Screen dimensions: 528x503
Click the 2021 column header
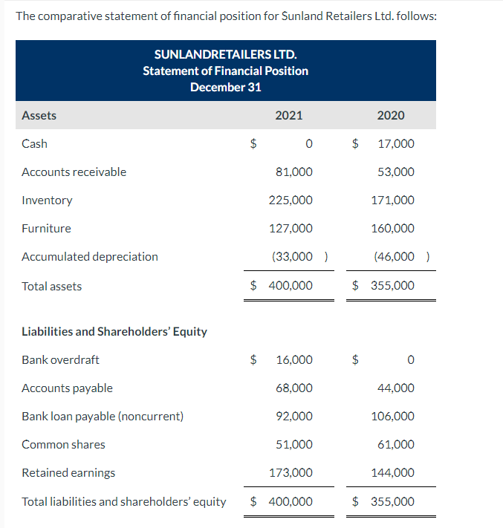pyautogui.click(x=288, y=115)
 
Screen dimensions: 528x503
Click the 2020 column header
pyautogui.click(x=391, y=115)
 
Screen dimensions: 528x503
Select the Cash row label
pyautogui.click(x=35, y=143)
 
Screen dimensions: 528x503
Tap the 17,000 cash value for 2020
pyautogui.click(x=396, y=143)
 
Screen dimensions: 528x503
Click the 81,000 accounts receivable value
pyautogui.click(x=293, y=172)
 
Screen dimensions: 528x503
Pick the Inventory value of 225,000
pyautogui.click(x=291, y=200)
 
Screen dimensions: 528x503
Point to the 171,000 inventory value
pyautogui.click(x=393, y=200)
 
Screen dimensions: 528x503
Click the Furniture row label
pyautogui.click(x=47, y=228)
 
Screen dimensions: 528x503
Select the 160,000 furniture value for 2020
pyautogui.click(x=393, y=228)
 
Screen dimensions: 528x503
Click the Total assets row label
pyautogui.click(x=52, y=286)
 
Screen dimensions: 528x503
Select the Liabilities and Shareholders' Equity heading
pyautogui.click(x=114, y=331)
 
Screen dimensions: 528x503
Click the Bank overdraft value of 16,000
pyautogui.click(x=294, y=359)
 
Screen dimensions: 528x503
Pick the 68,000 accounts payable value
pyautogui.click(x=293, y=388)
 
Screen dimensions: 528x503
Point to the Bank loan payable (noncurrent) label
pyautogui.click(x=103, y=416)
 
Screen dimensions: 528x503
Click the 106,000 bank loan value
pyautogui.click(x=393, y=416)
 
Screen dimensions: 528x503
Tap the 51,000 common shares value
pyautogui.click(x=293, y=444)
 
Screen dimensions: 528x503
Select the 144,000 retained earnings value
pyautogui.click(x=393, y=472)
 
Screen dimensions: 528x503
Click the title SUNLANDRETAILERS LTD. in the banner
pyautogui.click(x=225, y=54)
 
